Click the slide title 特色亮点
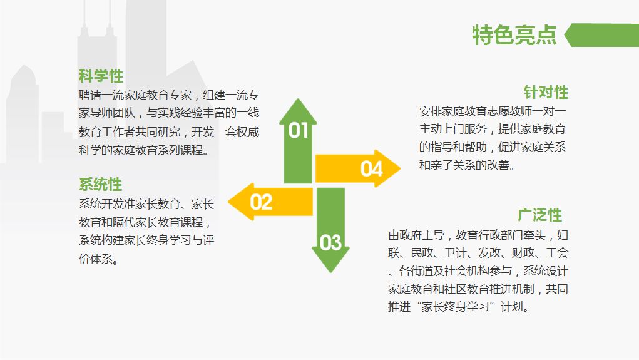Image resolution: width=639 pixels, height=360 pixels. tap(514, 35)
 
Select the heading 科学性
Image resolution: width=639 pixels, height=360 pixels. tap(101, 76)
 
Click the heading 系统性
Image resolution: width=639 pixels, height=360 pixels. tap(100, 185)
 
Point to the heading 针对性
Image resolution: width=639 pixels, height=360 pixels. tap(546, 93)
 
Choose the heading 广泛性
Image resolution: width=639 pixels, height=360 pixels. tap(539, 215)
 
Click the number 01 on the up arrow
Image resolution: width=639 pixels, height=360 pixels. tap(299, 130)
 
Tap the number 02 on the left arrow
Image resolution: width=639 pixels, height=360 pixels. tap(262, 202)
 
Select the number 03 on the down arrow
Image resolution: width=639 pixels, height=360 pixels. tap(330, 242)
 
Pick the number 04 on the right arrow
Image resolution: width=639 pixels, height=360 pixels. tap(371, 168)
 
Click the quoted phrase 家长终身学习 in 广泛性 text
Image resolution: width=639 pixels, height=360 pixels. tap(456, 307)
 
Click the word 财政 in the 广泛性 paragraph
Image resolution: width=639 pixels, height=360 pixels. tap(518, 254)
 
